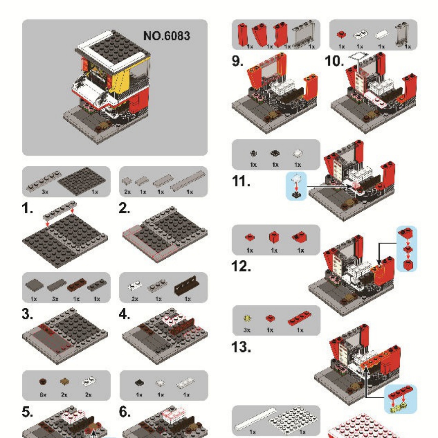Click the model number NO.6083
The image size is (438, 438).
[167, 36]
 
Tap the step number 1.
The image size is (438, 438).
[27, 208]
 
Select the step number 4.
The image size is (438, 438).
[125, 314]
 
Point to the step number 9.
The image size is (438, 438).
[237, 60]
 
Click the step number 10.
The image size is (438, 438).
[334, 61]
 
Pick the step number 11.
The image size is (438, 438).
[241, 181]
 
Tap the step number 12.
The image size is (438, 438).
[241, 266]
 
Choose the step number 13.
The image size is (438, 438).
[241, 347]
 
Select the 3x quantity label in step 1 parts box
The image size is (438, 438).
[45, 192]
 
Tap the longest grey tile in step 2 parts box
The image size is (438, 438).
[188, 180]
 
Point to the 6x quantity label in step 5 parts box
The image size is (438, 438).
[43, 395]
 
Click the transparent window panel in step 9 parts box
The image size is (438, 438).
[303, 33]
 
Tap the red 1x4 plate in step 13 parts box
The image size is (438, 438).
[299, 318]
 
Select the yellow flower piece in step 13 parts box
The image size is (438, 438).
[247, 318]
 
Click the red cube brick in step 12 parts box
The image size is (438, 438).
[274, 237]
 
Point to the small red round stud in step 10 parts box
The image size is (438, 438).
[341, 34]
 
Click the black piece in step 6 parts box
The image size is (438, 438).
[140, 382]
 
